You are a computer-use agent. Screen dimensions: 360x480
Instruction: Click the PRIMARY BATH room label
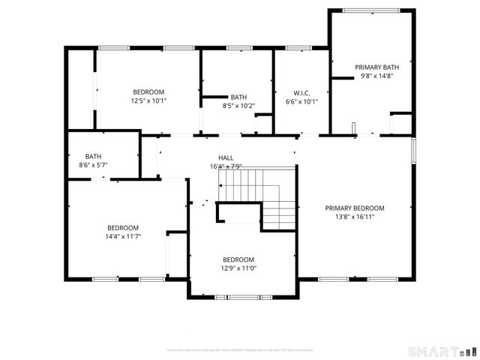pyautogui.click(x=377, y=67)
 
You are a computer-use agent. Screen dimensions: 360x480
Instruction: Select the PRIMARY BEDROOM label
pyautogui.click(x=355, y=208)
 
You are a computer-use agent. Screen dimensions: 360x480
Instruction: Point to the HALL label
pyautogui.click(x=226, y=157)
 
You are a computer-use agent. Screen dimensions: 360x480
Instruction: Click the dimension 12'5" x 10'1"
pyautogui.click(x=148, y=100)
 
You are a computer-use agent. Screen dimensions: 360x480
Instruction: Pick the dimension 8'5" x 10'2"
pyautogui.click(x=238, y=106)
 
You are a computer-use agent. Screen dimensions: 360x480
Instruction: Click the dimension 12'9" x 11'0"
pyautogui.click(x=238, y=268)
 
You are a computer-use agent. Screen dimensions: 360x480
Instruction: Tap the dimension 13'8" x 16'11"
pyautogui.click(x=355, y=217)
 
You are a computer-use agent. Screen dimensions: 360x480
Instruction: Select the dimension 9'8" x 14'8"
pyautogui.click(x=377, y=76)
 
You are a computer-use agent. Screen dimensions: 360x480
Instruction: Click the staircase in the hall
pyautogui.click(x=259, y=196)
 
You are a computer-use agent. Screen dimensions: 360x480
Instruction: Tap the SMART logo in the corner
pyautogui.click(x=442, y=351)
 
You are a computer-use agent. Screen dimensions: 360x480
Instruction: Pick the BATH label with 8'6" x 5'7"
pyautogui.click(x=94, y=155)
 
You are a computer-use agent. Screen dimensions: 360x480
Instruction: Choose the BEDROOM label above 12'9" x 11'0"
pyautogui.click(x=238, y=259)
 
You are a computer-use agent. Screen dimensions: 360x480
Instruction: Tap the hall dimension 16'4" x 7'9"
pyautogui.click(x=226, y=166)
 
